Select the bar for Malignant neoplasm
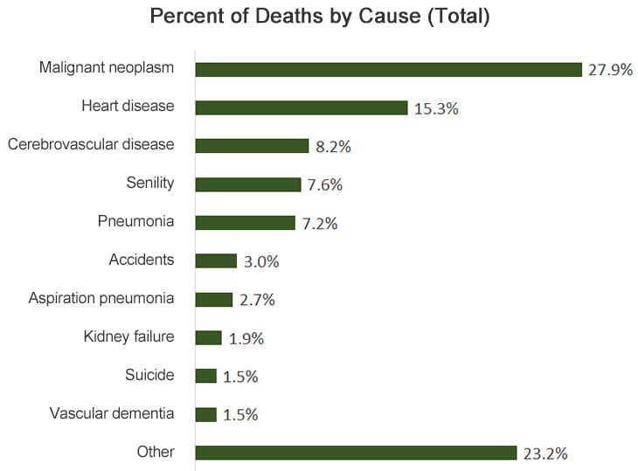click(x=388, y=70)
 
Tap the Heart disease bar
click(x=302, y=107)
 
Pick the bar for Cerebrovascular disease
click(x=252, y=146)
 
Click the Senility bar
click(x=248, y=184)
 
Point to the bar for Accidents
click(x=216, y=261)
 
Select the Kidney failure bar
click(x=208, y=337)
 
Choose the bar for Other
click(x=356, y=453)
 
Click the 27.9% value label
click(x=610, y=70)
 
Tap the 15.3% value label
click(x=436, y=108)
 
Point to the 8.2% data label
click(x=333, y=147)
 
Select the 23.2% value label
click(x=546, y=453)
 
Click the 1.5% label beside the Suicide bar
click(x=240, y=376)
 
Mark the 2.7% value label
click(x=257, y=300)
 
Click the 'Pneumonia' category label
click(x=135, y=221)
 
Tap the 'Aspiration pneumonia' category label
click(x=101, y=298)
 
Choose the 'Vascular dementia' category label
click(x=112, y=413)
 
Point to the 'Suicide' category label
click(x=149, y=375)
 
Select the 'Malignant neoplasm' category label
click(x=107, y=67)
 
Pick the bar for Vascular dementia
click(x=205, y=414)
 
